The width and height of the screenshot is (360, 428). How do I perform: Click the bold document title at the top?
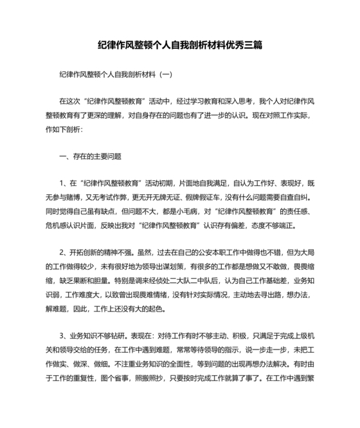[x=179, y=46]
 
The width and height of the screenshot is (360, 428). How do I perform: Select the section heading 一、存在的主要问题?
[x=89, y=156]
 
